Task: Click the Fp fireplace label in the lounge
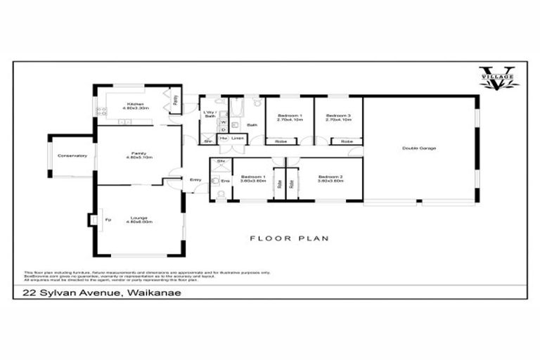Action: pyautogui.click(x=107, y=220)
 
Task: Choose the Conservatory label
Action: pyautogui.click(x=72, y=155)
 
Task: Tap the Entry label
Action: pyautogui.click(x=196, y=180)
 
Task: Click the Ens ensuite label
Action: pyautogui.click(x=225, y=181)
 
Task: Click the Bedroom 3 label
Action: pyautogui.click(x=338, y=117)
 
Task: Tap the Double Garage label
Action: pyautogui.click(x=419, y=148)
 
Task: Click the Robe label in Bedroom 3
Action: pyautogui.click(x=346, y=142)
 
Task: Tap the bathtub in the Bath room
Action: pyautogui.click(x=236, y=109)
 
